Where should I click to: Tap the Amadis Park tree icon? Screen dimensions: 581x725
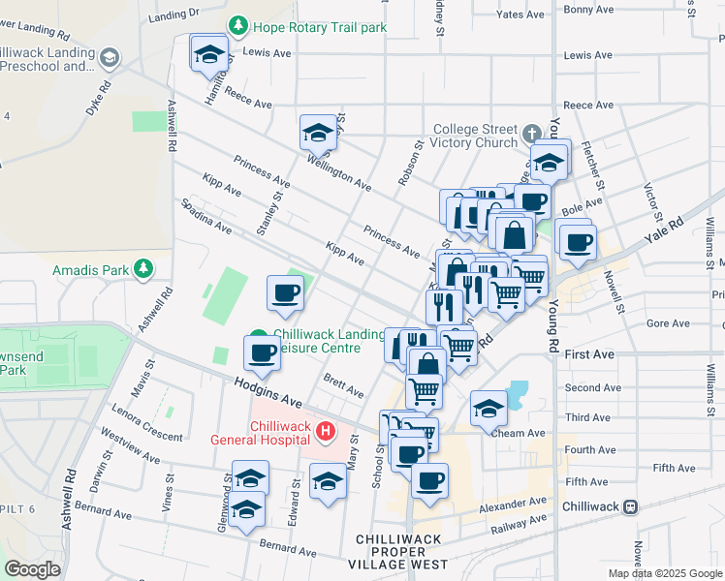tap(143, 267)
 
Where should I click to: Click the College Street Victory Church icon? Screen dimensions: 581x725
tap(531, 133)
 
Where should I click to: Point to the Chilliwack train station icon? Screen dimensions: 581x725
tap(630, 506)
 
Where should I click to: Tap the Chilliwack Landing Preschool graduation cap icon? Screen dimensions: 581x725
tap(110, 58)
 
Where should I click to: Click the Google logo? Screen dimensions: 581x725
tap(32, 569)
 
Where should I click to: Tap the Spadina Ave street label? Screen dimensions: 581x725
tap(204, 217)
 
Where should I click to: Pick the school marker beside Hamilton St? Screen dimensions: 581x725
tap(208, 56)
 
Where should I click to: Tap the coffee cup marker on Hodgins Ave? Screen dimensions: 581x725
tap(262, 353)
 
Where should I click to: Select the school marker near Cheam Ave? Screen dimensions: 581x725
tap(489, 410)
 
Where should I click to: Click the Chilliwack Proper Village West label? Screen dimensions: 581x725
tap(401, 551)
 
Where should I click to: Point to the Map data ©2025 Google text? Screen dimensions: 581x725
tap(665, 573)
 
